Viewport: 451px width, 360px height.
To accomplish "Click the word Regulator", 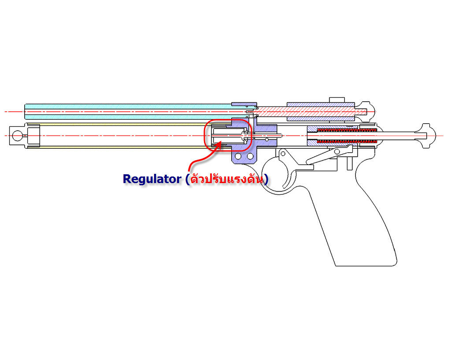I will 152,179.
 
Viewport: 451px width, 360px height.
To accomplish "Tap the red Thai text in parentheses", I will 227,179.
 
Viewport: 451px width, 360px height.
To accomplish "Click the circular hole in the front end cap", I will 17,135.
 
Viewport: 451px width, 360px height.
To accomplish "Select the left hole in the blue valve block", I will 238,156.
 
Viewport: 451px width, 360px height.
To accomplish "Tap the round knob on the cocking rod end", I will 426,135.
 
